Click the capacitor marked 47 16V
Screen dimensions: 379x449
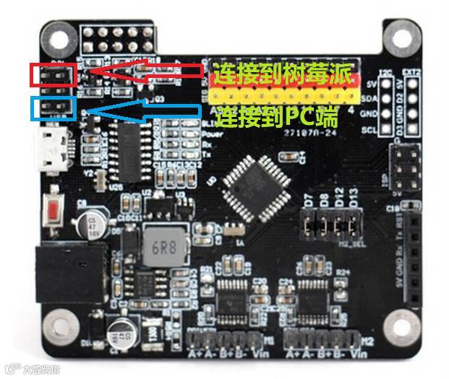(95, 223)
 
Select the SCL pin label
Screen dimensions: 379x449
(371, 130)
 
